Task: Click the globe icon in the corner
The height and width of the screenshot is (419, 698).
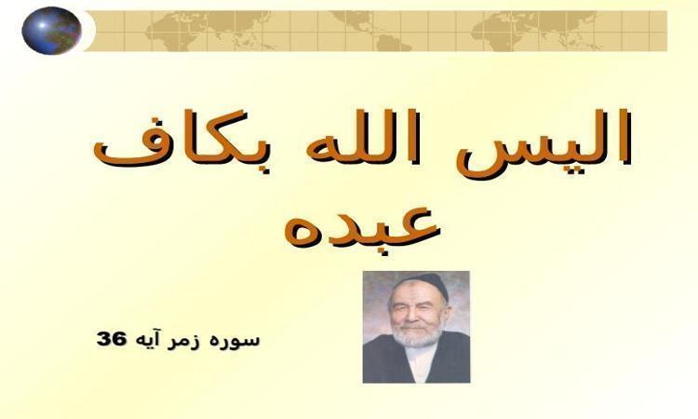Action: click(x=51, y=31)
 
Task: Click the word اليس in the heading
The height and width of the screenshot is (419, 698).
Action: click(x=544, y=143)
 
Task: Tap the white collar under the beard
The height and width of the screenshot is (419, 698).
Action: click(x=419, y=361)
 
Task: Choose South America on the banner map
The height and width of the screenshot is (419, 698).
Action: click(x=394, y=41)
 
